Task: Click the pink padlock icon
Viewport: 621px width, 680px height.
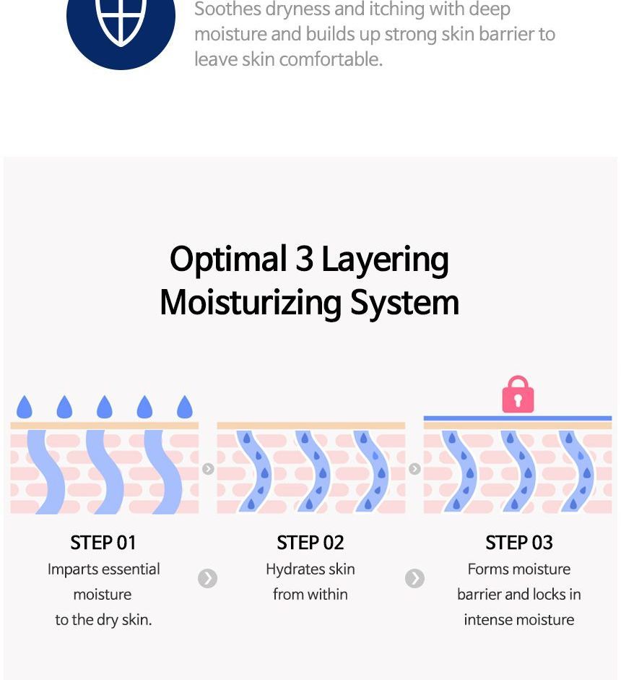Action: [518, 395]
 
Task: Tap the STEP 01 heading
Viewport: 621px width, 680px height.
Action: [103, 543]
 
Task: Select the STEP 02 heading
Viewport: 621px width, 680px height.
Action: [310, 543]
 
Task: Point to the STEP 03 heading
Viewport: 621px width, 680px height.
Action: [518, 543]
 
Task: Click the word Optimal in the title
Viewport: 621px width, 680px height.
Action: [228, 259]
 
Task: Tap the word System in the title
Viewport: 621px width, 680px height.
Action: [404, 302]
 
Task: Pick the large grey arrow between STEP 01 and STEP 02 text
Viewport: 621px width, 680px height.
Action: [207, 579]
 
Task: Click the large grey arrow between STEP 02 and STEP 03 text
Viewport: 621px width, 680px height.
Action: [414, 579]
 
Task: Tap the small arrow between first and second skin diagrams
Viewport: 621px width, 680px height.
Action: [208, 469]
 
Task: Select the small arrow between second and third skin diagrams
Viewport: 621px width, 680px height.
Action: [414, 469]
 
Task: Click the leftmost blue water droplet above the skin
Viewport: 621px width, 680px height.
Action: [25, 407]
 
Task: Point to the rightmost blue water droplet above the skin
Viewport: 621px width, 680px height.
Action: [185, 407]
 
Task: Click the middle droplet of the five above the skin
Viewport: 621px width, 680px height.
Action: [105, 407]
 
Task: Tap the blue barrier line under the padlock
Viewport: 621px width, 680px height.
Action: [518, 418]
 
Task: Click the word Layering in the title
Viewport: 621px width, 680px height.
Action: [385, 260]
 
